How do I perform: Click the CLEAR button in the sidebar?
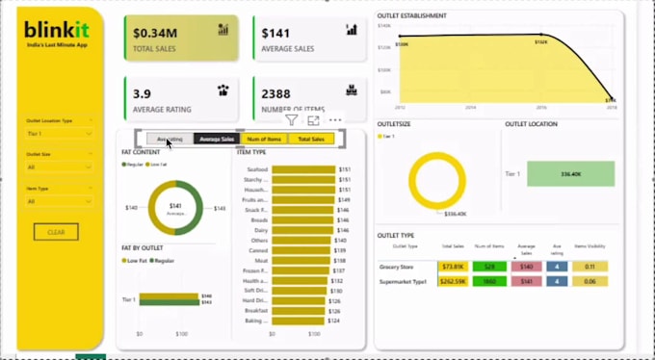click(x=56, y=232)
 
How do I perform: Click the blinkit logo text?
click(x=57, y=31)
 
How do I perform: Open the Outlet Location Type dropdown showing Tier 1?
click(x=59, y=133)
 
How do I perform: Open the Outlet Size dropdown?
click(x=59, y=167)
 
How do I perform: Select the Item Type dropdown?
click(x=59, y=201)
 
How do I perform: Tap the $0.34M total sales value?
click(x=159, y=32)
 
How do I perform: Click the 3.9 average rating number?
click(x=142, y=93)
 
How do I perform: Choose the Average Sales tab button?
click(x=217, y=139)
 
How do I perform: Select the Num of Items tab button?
click(x=263, y=139)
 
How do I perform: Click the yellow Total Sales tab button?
click(x=311, y=139)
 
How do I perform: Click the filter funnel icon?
click(x=291, y=120)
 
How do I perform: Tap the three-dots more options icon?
click(x=335, y=120)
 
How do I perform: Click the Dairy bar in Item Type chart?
click(x=301, y=231)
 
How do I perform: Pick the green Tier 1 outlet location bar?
click(x=570, y=174)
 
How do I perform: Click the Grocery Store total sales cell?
click(x=452, y=267)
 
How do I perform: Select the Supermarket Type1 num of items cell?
click(x=489, y=281)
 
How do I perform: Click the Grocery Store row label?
click(x=398, y=267)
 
